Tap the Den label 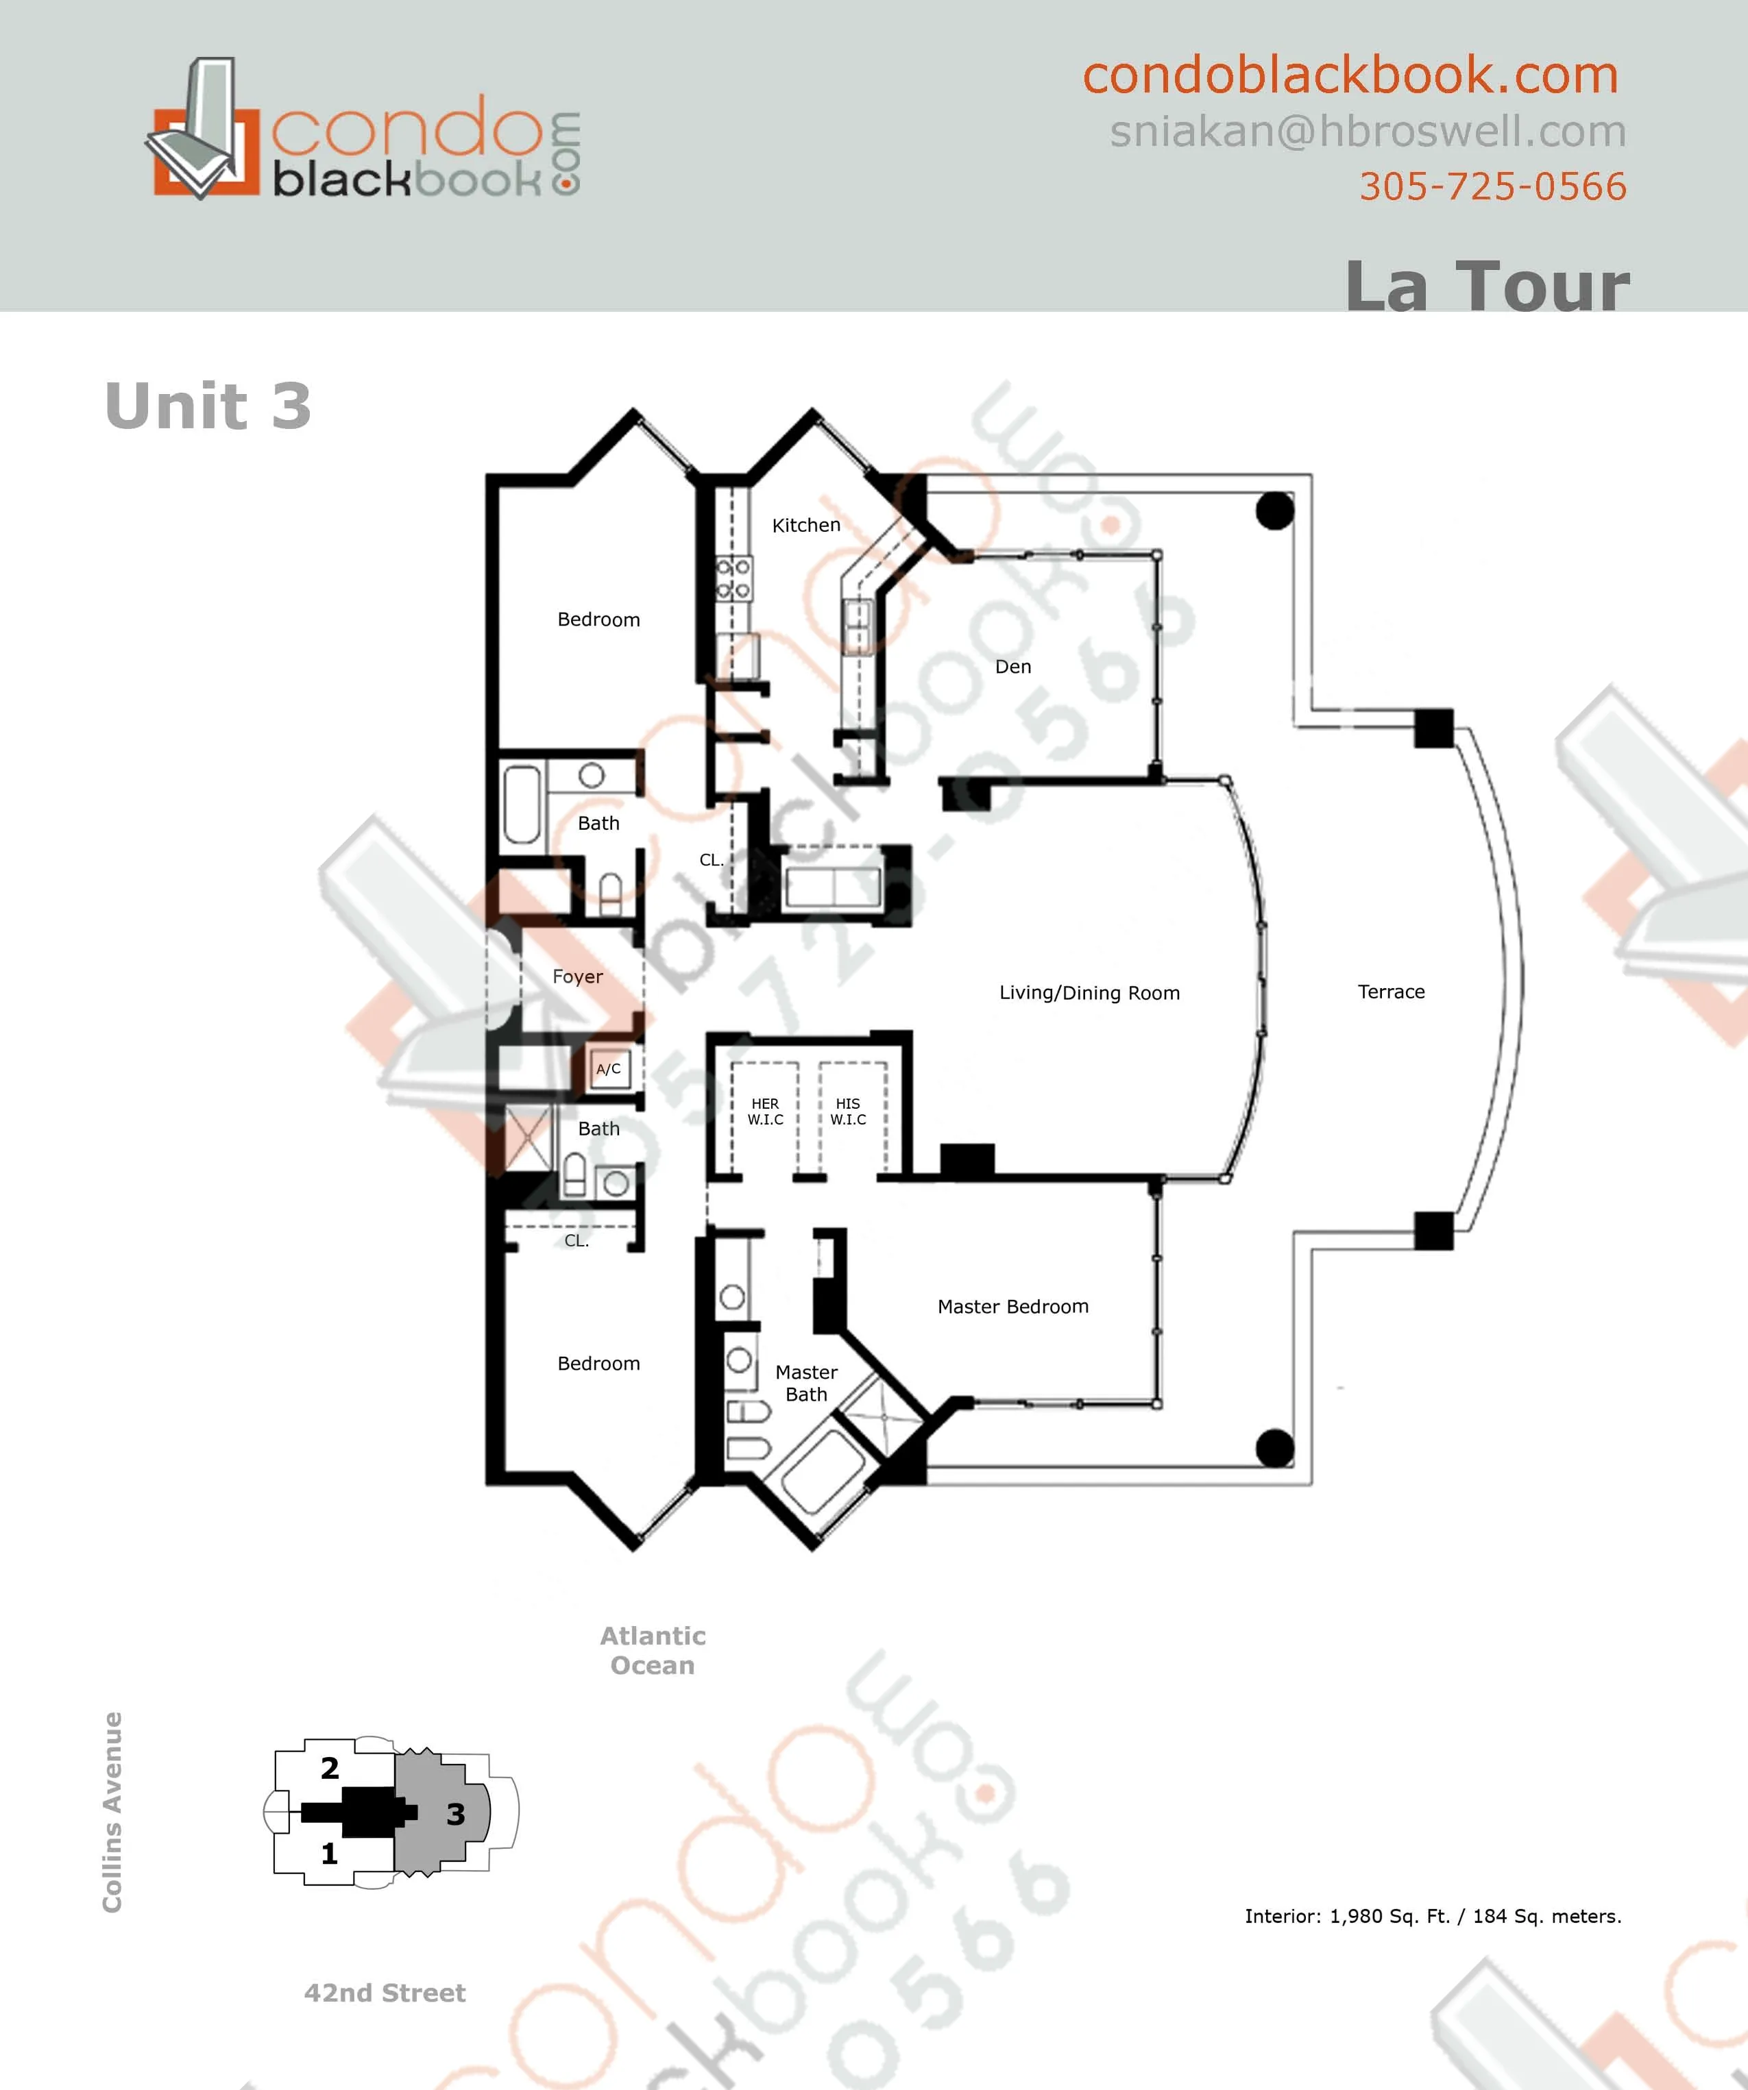1012,667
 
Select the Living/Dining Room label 1089,992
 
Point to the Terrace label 1391,992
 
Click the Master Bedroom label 1012,1306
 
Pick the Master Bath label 805,1382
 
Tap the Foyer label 577,976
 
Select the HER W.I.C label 764,1111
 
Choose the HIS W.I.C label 848,1111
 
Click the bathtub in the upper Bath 522,803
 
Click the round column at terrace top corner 1274,511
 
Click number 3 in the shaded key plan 455,1813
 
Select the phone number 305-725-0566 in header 1492,186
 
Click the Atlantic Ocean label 652,1650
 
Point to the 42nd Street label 385,1993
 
